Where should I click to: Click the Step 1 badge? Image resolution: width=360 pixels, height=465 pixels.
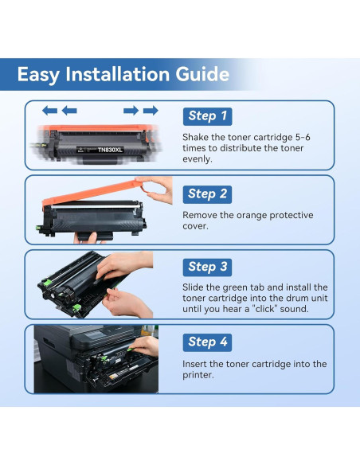(x=207, y=116)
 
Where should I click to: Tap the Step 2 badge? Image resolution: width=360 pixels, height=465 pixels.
(x=207, y=194)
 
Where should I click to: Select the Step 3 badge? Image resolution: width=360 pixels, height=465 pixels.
(x=207, y=268)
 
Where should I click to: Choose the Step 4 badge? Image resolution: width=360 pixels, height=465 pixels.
(x=207, y=342)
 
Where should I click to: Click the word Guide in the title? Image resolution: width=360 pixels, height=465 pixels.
(x=202, y=74)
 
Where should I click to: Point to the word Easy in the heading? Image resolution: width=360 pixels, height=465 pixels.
(x=38, y=75)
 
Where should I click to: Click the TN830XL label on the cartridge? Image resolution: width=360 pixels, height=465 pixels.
(x=110, y=150)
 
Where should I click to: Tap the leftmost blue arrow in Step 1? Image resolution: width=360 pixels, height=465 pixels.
(x=49, y=111)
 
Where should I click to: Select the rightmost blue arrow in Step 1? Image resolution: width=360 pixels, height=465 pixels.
(x=151, y=111)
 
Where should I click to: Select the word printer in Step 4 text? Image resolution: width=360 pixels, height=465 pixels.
(x=198, y=375)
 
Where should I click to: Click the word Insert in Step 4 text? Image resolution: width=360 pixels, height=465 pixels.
(x=194, y=364)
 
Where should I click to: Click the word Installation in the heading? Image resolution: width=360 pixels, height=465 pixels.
(x=117, y=74)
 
